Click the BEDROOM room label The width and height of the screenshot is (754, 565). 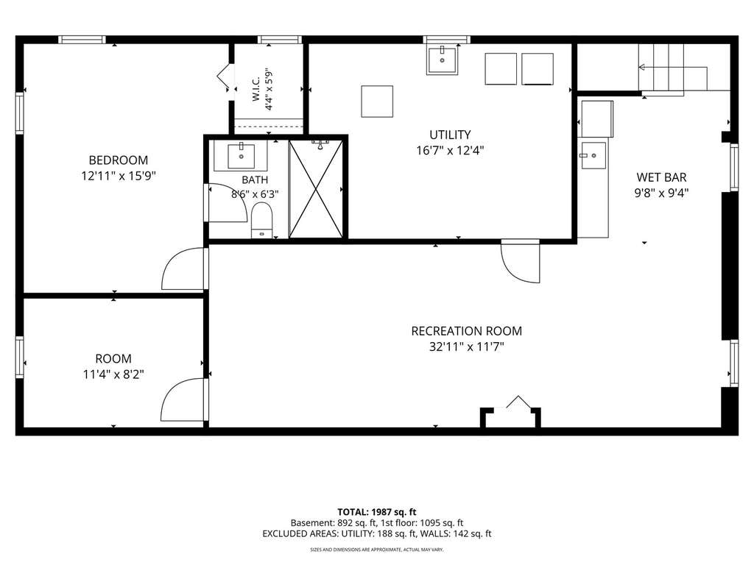(x=119, y=160)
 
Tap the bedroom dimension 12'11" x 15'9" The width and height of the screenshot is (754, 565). (x=119, y=176)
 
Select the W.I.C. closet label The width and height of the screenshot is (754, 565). (x=256, y=89)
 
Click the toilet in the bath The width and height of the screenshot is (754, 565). (x=261, y=220)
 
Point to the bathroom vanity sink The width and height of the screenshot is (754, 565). (x=241, y=156)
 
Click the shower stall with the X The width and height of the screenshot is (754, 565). (x=316, y=189)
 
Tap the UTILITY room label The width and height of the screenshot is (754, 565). (x=450, y=135)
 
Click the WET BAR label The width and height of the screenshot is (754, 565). (x=661, y=177)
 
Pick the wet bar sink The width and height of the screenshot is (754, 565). (x=593, y=155)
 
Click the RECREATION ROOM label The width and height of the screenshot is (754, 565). (x=466, y=331)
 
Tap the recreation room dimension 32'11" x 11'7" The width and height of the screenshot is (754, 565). (x=466, y=347)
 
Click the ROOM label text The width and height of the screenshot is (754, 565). (x=113, y=358)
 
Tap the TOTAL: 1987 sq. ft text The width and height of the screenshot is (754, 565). (x=376, y=512)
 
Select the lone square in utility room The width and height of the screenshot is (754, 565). (x=377, y=102)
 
